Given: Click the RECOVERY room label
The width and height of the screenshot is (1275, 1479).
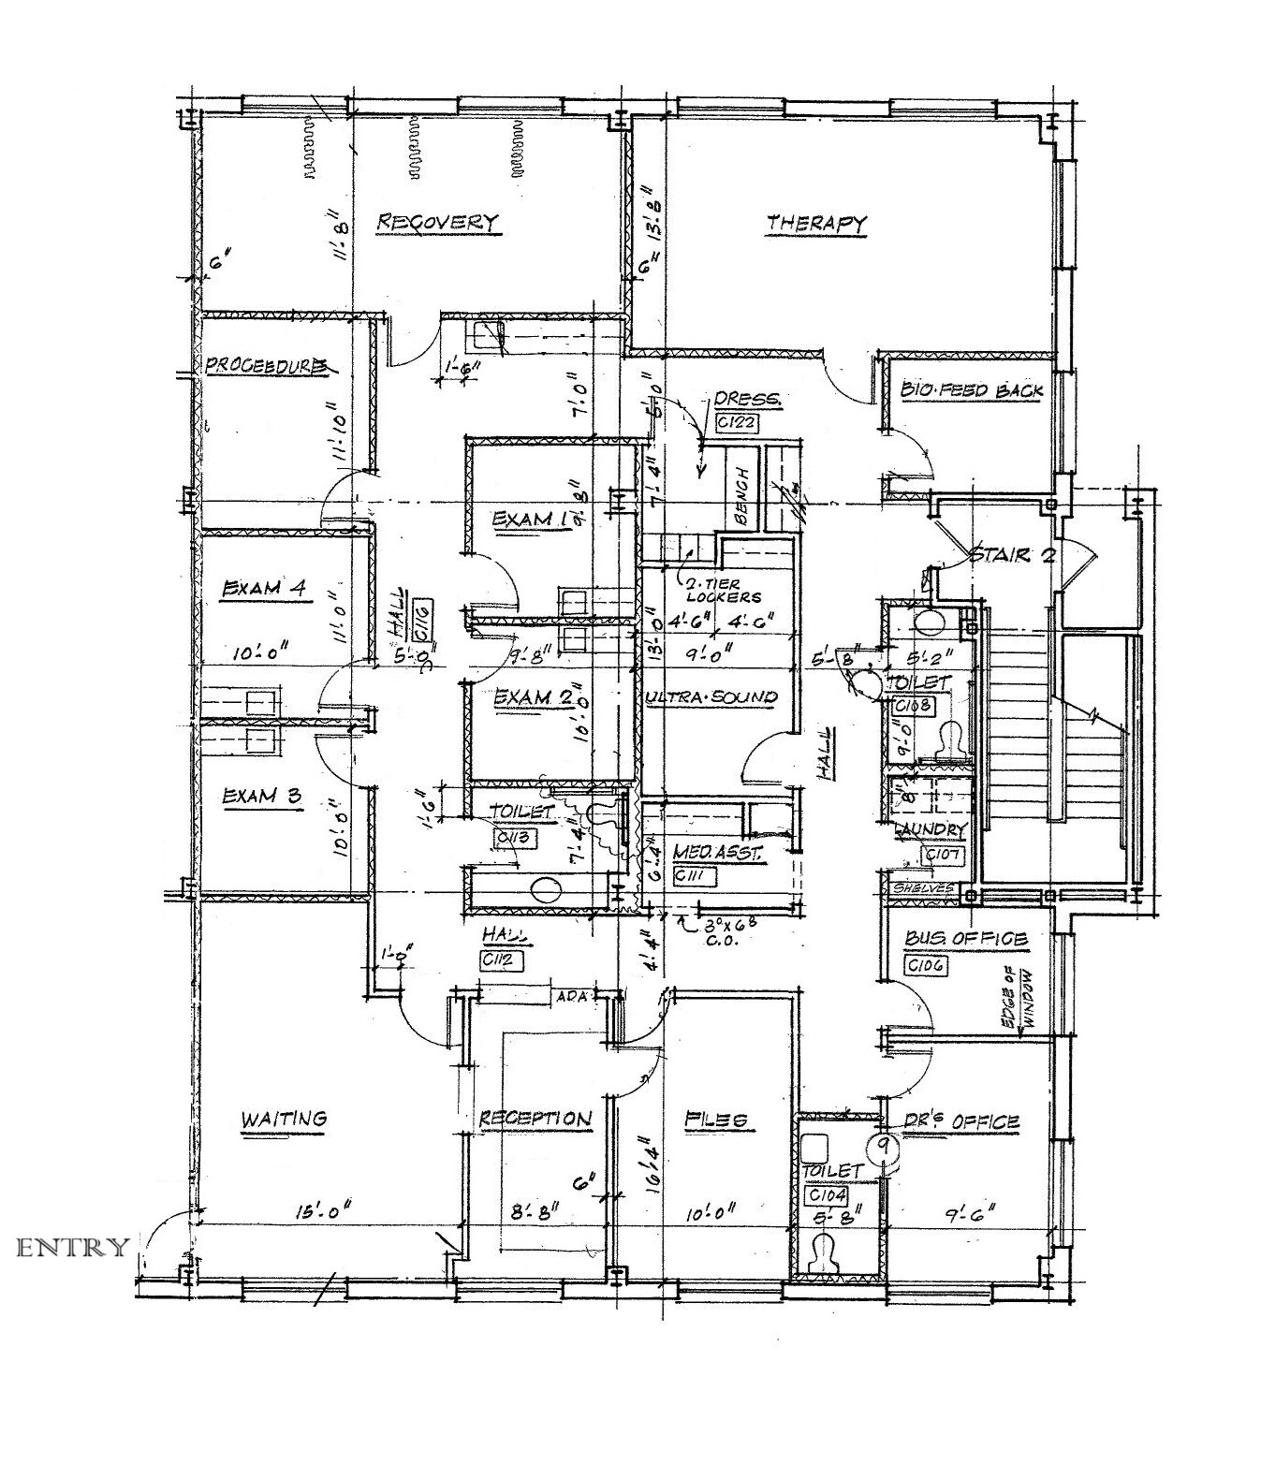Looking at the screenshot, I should click(x=437, y=222).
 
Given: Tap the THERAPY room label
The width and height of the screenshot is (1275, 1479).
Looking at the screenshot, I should click(x=816, y=224).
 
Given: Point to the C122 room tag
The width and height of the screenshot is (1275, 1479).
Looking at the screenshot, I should click(x=736, y=422).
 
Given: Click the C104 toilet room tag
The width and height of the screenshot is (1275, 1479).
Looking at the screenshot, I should click(x=828, y=1195).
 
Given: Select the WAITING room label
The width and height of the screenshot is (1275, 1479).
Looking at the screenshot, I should click(x=284, y=1118).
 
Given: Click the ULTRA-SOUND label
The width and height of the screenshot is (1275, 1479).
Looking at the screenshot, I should click(x=711, y=696).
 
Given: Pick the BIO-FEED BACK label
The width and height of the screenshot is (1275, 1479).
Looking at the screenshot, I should click(x=972, y=390).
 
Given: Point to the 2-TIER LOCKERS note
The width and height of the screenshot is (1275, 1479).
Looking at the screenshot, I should click(x=723, y=589).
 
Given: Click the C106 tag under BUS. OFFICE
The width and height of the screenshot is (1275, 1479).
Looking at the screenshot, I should click(x=926, y=965).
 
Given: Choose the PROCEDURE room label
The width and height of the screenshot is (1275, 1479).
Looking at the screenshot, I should click(x=267, y=366).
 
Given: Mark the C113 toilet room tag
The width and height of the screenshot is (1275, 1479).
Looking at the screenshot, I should click(x=516, y=838).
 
